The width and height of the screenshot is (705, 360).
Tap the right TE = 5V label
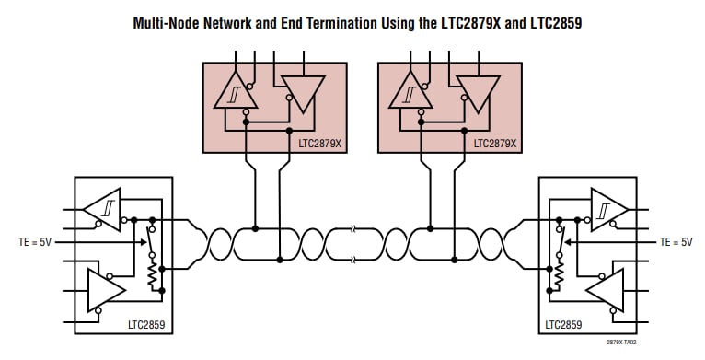(675, 241)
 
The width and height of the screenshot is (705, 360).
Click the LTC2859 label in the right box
(563, 324)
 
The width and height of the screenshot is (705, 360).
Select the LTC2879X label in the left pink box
(320, 144)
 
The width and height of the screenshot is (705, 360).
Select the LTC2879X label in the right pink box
(495, 144)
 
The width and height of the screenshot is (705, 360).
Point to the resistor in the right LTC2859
(557, 273)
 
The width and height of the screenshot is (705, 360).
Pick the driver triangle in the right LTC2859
(604, 289)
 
